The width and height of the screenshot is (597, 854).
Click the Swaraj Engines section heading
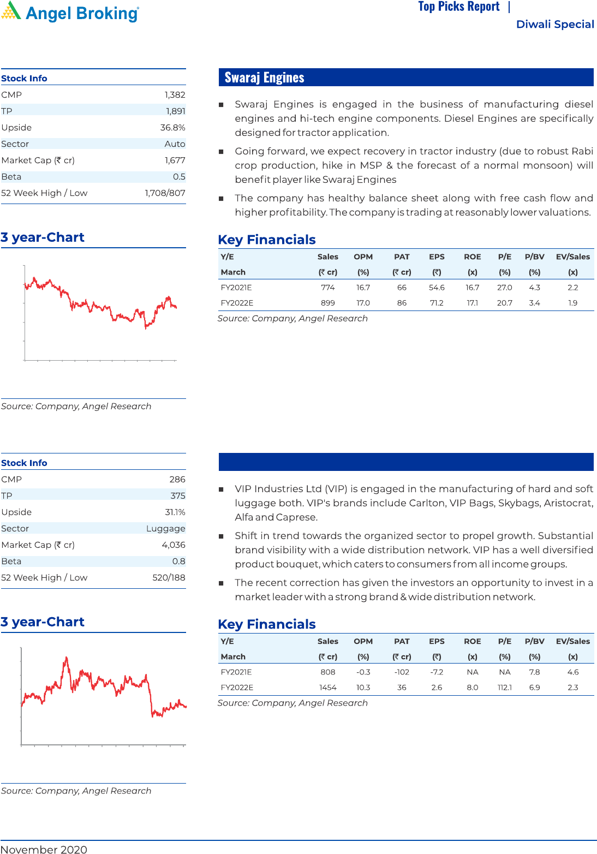264,77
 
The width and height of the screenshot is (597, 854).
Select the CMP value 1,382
175,95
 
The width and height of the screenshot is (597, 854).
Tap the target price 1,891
175,111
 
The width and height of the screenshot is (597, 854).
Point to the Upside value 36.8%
172,128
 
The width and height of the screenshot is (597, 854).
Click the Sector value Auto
175,144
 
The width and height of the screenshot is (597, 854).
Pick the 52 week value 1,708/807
165,193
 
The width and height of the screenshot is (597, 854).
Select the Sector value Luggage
165,529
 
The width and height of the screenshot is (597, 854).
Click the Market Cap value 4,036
174,545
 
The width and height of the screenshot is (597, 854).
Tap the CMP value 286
177,480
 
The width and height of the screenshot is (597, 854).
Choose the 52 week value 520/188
169,578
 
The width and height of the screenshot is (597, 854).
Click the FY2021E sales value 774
327,288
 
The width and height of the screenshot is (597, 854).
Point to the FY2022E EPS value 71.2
437,303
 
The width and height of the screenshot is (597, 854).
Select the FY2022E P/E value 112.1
505,688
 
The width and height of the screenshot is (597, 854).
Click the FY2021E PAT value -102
402,672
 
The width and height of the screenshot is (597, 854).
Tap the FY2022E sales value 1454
327,688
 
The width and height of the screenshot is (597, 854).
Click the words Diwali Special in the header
554,25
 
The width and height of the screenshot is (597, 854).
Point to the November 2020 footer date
44,849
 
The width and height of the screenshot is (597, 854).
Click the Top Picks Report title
458,7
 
